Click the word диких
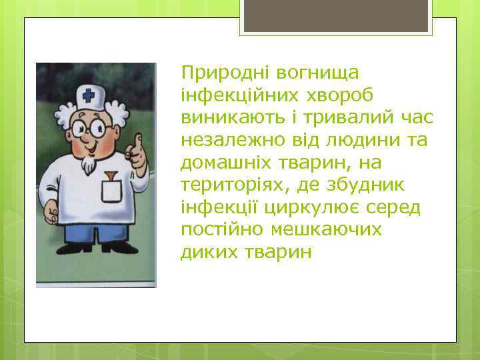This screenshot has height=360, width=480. pos(203,254)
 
